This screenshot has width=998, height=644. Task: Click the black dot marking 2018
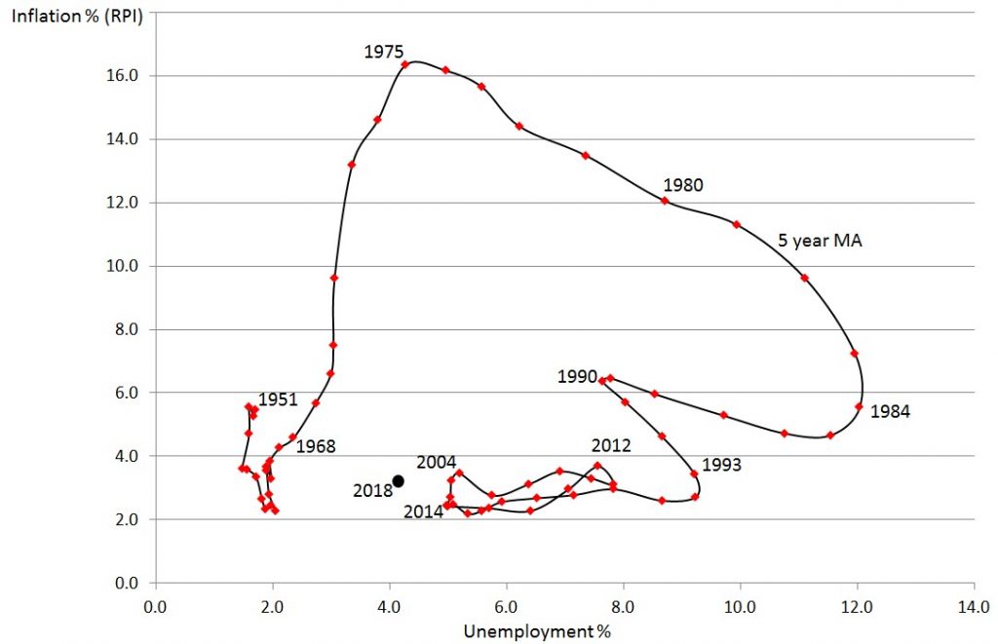click(x=398, y=480)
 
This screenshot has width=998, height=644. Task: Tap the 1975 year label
click(x=384, y=53)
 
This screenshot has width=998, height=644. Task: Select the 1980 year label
click(x=683, y=184)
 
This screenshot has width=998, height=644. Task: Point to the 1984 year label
click(x=890, y=411)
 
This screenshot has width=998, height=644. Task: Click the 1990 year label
click(x=578, y=376)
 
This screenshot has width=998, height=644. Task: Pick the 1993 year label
click(x=721, y=465)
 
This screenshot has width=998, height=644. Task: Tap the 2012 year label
click(x=611, y=445)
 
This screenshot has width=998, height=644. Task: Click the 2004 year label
click(x=436, y=462)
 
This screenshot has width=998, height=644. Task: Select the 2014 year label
click(x=423, y=511)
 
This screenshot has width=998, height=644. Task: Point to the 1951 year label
click(x=278, y=399)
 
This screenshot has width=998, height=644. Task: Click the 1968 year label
click(x=315, y=446)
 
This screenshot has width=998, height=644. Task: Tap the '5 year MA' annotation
click(x=821, y=239)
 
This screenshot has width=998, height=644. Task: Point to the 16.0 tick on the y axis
click(x=127, y=75)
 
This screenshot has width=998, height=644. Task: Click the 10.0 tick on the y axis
click(x=127, y=265)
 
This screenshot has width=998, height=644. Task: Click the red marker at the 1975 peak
click(x=404, y=64)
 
